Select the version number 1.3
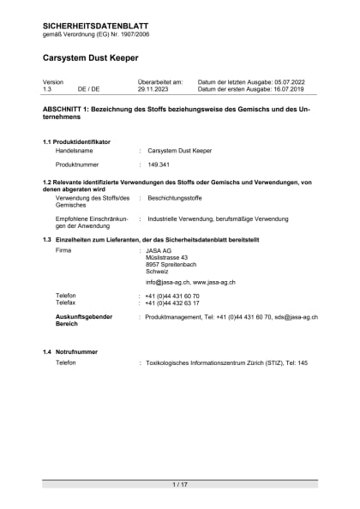tap(48, 88)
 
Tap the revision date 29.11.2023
tap(154, 88)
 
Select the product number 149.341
tap(159, 164)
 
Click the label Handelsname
tap(74, 150)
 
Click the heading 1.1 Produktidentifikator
tap(76, 141)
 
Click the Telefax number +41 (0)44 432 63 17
tap(172, 302)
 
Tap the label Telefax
tap(66, 302)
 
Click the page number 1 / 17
tap(180, 485)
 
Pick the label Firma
tap(63, 250)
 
